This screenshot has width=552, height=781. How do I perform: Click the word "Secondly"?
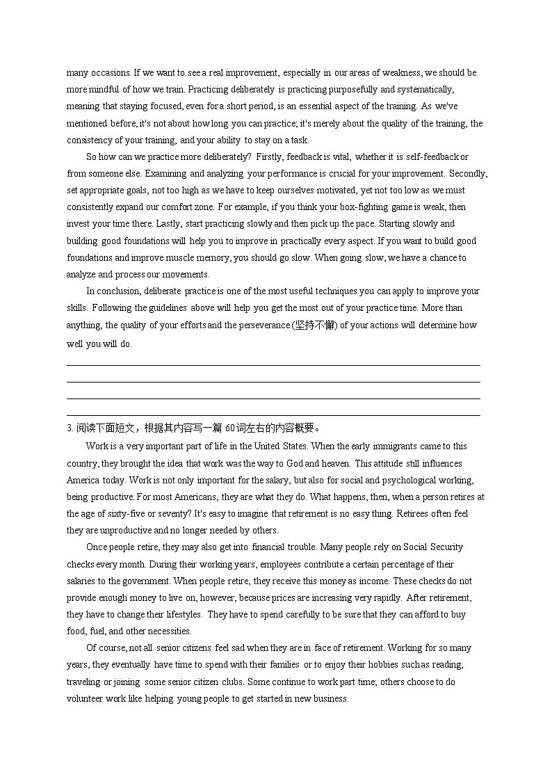tap(469, 174)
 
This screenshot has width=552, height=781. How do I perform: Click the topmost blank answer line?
tap(273, 365)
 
